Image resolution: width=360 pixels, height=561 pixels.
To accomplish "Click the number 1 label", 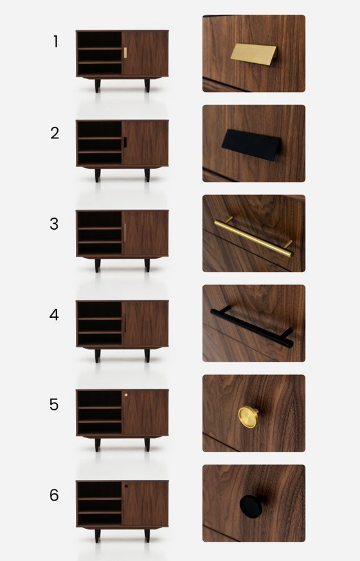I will coord(56,42).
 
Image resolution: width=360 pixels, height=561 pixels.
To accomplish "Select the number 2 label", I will coord(55,133).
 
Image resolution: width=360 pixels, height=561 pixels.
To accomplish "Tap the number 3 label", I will coord(55,224).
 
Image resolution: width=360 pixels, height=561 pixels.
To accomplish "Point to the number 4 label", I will coord(55,315).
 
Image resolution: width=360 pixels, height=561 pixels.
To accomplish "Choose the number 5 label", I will coord(55,405).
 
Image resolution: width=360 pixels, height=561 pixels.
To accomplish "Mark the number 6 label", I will coord(55,495).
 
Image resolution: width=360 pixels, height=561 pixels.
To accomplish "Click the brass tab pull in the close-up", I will coord(255,55).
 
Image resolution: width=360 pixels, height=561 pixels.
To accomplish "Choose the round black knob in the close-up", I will coord(251,506).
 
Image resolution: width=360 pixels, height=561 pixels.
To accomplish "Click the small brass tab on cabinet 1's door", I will coord(125,51).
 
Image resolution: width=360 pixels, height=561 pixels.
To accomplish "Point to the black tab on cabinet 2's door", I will coord(125,142).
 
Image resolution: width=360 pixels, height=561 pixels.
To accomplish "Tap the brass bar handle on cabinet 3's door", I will coord(125,232).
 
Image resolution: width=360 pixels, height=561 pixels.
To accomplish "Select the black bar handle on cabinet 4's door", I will coord(125,323).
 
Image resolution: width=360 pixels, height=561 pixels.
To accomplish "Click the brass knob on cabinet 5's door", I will coord(126,395).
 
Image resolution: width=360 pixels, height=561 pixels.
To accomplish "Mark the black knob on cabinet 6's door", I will coord(126,486).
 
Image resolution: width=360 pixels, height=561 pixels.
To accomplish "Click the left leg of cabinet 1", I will coord(97,86).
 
